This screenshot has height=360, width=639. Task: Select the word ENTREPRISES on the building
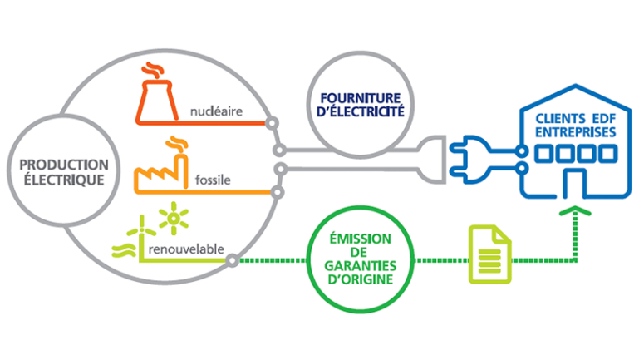(x=571, y=132)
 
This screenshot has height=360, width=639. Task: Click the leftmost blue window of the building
(x=543, y=155)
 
